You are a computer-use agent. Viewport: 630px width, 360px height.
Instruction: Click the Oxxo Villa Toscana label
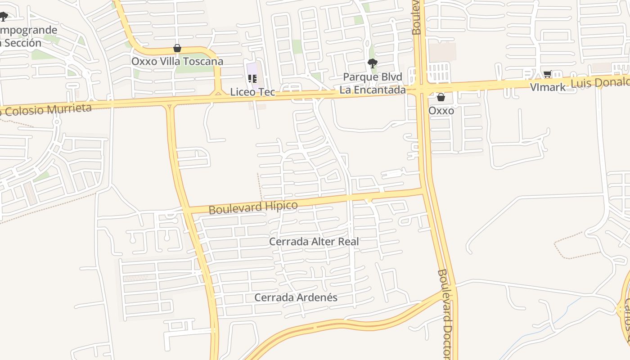point(177,61)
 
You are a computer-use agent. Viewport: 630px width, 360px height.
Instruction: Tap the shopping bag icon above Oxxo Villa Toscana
point(177,48)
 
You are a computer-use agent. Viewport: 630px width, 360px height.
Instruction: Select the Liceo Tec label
point(252,92)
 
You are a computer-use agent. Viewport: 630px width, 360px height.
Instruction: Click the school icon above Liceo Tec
point(252,79)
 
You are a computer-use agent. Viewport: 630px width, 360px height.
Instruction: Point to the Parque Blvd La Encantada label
point(372,83)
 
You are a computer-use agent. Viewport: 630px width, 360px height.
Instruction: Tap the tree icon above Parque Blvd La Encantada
point(372,63)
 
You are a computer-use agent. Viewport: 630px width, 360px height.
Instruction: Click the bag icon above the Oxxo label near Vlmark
point(441,97)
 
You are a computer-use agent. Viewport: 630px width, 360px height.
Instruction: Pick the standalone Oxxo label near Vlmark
point(441,111)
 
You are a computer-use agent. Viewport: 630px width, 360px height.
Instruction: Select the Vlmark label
point(548,87)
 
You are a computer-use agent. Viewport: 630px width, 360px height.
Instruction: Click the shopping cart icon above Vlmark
point(548,74)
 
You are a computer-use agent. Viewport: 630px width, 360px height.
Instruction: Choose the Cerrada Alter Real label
point(314,242)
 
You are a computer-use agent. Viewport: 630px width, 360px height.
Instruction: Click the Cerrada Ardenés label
point(296,297)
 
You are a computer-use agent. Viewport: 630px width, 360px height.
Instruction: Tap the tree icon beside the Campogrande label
point(4,17)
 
